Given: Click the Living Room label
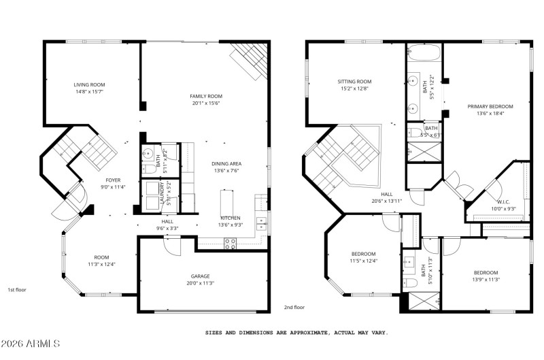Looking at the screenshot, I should tap(89, 85).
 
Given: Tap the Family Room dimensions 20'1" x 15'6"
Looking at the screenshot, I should tap(206, 103).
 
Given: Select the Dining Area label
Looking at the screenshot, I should tap(226, 164).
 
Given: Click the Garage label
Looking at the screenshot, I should tap(200, 276).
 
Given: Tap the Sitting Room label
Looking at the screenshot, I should tap(354, 82).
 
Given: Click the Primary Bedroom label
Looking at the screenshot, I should tap(490, 107).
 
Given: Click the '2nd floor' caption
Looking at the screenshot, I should tap(294, 308).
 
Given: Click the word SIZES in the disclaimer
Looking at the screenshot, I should tap(216, 333).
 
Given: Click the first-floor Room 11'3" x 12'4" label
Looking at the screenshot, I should tap(101, 257).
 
